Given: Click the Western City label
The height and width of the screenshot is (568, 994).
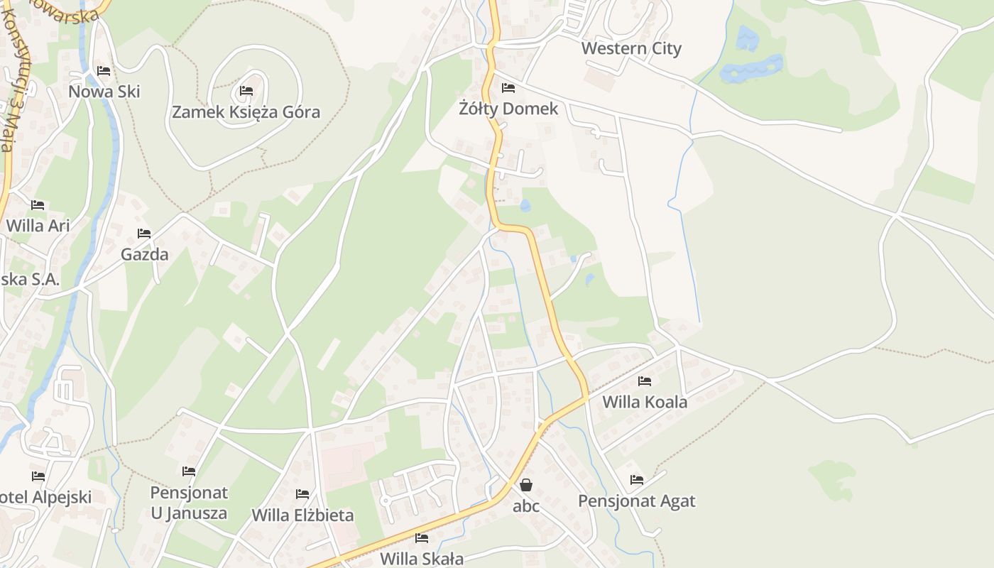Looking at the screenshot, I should (631, 48).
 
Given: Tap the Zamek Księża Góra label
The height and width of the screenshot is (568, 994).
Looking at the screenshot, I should (246, 112).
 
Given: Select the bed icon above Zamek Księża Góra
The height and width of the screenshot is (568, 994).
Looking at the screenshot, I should (246, 91).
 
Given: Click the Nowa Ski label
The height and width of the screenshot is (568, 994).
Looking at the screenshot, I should (104, 92).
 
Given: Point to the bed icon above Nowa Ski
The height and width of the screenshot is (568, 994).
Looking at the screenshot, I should (104, 71).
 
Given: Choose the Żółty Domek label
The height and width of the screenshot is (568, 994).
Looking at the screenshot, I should (508, 109).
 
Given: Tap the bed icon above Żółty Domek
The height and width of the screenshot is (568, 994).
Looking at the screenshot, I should (508, 88).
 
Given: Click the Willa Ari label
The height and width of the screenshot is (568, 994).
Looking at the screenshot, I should (38, 226).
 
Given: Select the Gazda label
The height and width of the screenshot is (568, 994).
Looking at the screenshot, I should (145, 254).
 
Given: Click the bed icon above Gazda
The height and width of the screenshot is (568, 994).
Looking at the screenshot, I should (144, 234).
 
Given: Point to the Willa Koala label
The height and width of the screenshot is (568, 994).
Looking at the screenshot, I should (645, 402).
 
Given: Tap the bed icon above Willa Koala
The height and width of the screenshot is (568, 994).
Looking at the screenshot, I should (645, 381).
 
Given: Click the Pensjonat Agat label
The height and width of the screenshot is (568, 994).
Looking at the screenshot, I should (637, 501).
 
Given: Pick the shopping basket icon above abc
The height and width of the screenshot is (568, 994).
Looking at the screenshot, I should (526, 485).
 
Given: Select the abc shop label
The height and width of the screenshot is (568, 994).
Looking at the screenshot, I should (526, 506).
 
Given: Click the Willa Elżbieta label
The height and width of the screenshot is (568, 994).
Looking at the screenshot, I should (302, 515).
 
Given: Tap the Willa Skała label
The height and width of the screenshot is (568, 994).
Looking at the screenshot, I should (422, 558).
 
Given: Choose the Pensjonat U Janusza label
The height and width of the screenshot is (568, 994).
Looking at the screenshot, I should (189, 503).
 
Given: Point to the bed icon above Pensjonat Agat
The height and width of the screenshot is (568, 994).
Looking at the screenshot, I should (637, 480).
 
